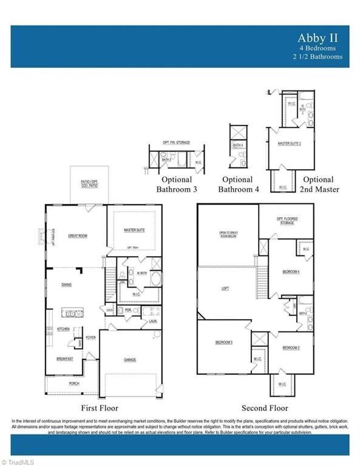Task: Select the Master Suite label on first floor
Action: [x=134, y=230]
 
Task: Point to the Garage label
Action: [x=130, y=360]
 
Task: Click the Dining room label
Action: [x=67, y=284]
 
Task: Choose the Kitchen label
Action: [x=64, y=329]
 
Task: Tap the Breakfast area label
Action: [x=65, y=359]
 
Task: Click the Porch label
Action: [x=73, y=383]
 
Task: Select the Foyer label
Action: [x=90, y=337]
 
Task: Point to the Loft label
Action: [x=225, y=289]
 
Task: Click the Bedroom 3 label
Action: [x=224, y=343]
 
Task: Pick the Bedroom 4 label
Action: [x=291, y=271]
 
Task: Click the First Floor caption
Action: [x=100, y=408]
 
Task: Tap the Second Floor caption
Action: [x=265, y=408]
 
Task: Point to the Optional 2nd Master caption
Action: [x=318, y=184]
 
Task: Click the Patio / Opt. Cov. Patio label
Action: [x=89, y=183]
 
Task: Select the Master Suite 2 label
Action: [x=290, y=143]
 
